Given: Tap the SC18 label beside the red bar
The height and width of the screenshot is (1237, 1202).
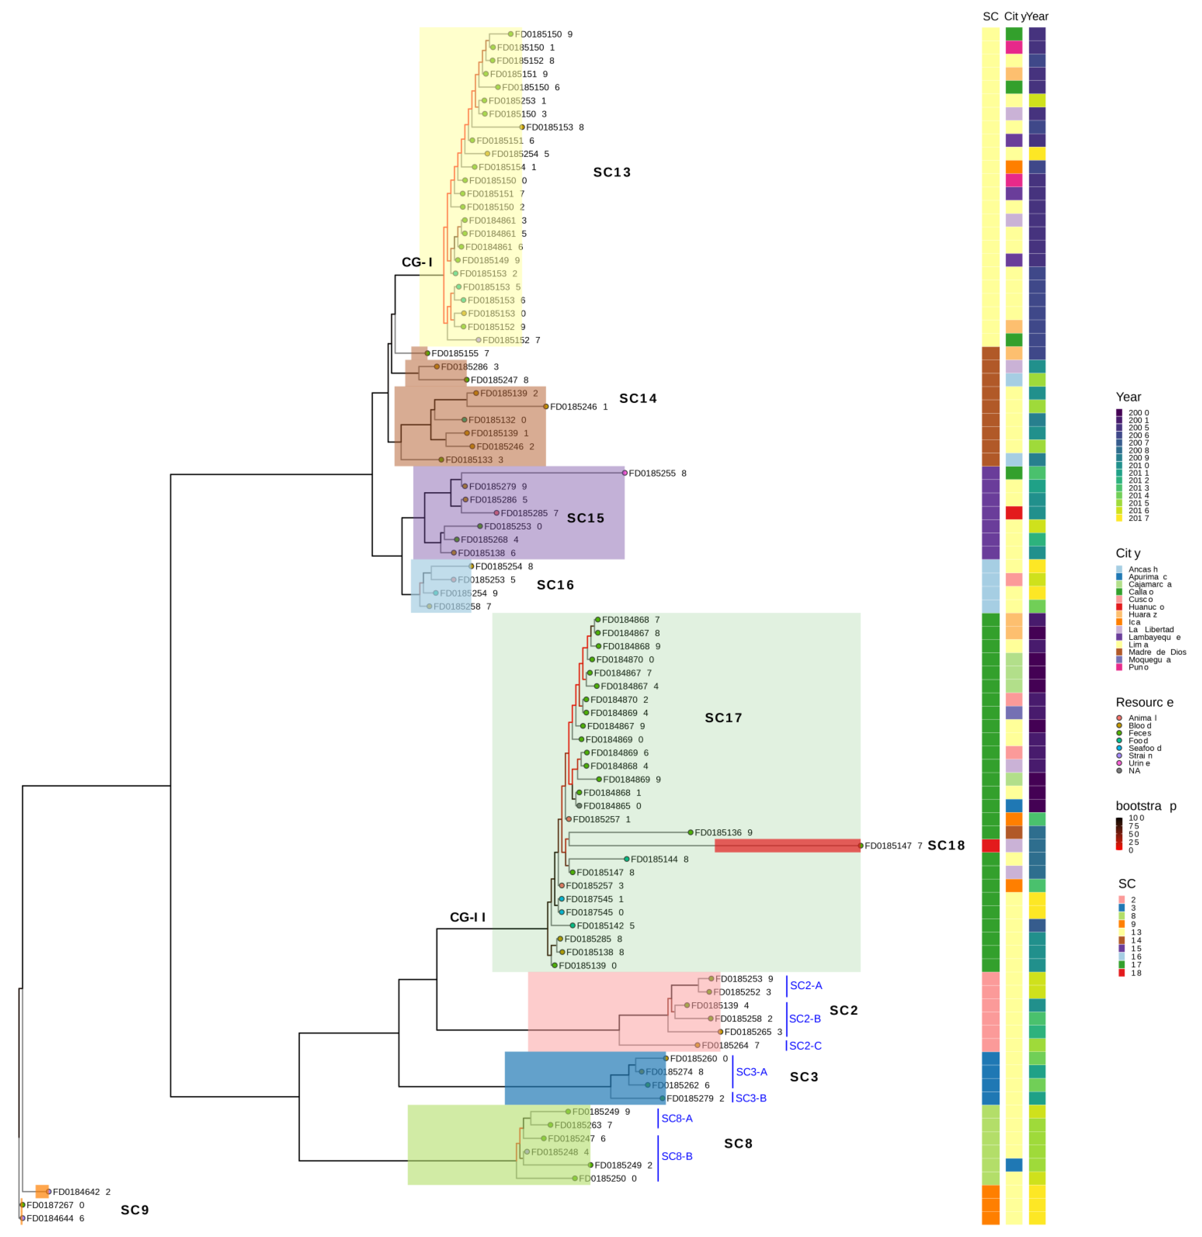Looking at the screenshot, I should coord(946,846).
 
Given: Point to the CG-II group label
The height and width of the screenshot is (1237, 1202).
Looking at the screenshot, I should coord(467,917).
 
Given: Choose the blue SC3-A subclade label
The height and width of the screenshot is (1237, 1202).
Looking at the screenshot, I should coord(751,1072).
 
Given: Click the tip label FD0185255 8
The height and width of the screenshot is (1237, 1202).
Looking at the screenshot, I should coord(656,473).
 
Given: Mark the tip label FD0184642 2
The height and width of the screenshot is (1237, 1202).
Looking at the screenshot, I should coord(81,1192).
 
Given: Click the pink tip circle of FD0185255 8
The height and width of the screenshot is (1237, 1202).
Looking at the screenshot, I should coord(624,473).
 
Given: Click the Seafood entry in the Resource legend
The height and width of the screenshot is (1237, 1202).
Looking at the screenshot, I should coord(1144,748).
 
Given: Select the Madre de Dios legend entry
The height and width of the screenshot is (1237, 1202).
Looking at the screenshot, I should coord(1157,652).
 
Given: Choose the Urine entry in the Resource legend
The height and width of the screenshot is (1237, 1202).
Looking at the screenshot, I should coord(1139,763).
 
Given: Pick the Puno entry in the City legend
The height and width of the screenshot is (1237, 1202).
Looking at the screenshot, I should coord(1138,667).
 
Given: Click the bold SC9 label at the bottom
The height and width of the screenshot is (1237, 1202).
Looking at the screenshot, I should coord(134,1210).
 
